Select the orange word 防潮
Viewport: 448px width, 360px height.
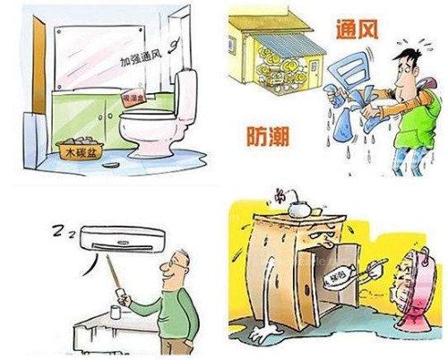click(x=267, y=136)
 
